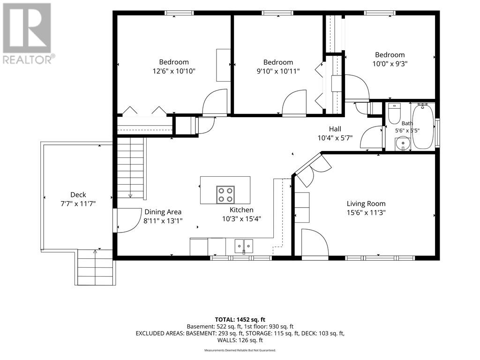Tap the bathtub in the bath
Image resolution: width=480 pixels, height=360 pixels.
coord(423,126)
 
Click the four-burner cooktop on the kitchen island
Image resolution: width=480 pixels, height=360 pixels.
coord(225,195)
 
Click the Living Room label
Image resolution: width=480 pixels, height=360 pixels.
coord(366,203)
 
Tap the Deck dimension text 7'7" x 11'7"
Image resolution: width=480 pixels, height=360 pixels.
coord(78,203)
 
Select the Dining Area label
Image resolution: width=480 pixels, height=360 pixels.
coord(163,212)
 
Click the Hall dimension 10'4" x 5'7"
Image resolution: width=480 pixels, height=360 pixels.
coord(335,138)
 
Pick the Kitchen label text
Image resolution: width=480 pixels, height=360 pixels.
coord(241,210)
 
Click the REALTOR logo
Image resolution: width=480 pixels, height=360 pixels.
coord(28,33)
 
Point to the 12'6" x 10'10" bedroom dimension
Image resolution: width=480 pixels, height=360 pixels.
coord(174,71)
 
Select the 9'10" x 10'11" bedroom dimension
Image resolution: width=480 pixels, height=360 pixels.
coord(278,71)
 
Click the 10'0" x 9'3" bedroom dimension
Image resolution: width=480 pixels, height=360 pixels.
coord(390,64)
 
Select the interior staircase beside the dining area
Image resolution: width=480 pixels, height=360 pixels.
coord(131,168)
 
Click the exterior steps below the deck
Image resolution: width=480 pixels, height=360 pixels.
coord(95,267)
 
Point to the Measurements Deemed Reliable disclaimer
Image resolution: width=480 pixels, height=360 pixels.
coord(240,350)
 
